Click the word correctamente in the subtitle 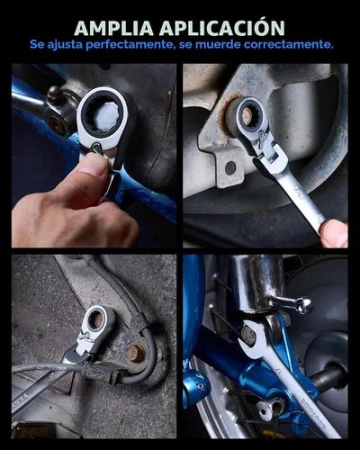coord(289,45)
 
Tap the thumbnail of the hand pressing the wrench coord(94,156)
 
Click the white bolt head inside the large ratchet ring coord(107,117)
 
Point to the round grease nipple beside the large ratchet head coord(55,92)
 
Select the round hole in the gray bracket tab coord(229,167)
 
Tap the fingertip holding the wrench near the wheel coord(334,233)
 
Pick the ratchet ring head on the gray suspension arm coord(97,320)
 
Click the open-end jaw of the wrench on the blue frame coord(251,335)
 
